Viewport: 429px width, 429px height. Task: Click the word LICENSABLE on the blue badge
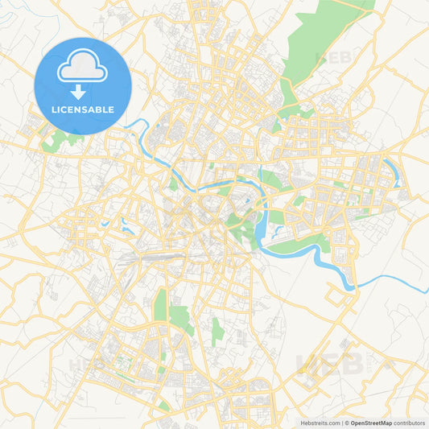82,109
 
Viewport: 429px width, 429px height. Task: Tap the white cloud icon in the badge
82,68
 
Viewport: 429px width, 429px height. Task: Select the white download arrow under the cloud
82,90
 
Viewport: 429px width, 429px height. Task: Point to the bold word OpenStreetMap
371,423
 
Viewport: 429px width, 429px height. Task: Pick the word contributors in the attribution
409,423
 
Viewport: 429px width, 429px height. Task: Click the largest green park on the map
322,36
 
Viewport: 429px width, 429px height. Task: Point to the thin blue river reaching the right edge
394,278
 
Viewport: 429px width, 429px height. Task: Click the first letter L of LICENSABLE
52,109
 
